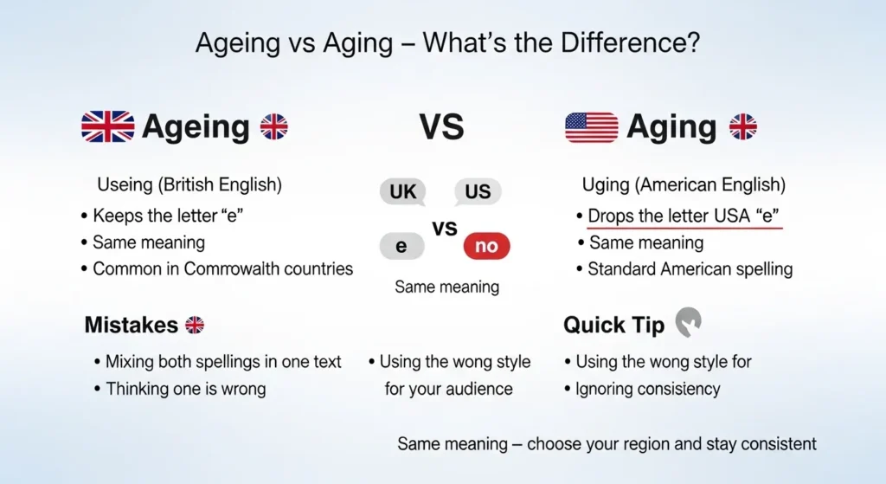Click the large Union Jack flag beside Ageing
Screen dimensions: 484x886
(x=108, y=127)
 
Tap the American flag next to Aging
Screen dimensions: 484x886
(x=591, y=127)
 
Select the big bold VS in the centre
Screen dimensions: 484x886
(x=441, y=127)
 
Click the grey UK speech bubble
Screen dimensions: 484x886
(x=402, y=191)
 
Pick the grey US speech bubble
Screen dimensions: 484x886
(x=477, y=191)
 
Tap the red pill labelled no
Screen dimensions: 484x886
(x=486, y=247)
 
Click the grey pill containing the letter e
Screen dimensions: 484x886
(x=401, y=247)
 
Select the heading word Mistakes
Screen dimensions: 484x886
(x=132, y=326)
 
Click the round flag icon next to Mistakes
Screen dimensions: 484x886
(x=195, y=326)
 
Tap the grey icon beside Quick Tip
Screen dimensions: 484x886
(x=688, y=323)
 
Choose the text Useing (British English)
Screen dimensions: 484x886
(x=189, y=185)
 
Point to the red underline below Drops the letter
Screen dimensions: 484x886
(x=684, y=229)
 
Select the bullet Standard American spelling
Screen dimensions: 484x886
(x=690, y=268)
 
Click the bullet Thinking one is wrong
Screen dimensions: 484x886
(x=185, y=389)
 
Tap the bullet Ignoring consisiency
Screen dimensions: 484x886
(x=647, y=389)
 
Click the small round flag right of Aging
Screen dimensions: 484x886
(x=742, y=127)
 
